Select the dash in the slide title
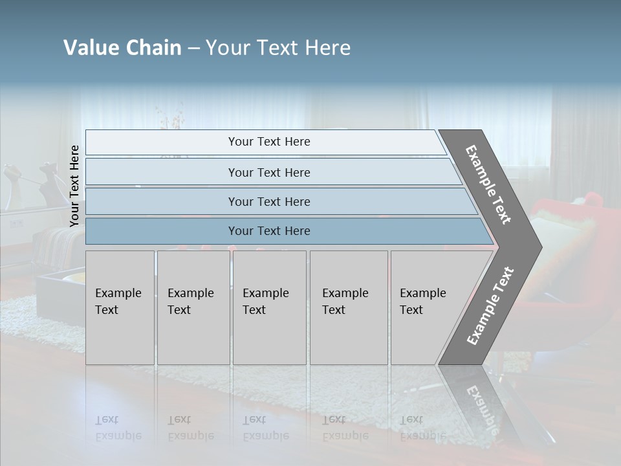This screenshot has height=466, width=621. click(x=193, y=49)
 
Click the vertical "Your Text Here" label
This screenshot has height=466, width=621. click(x=74, y=186)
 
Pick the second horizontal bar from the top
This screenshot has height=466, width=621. click(x=268, y=172)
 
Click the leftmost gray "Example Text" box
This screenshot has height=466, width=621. click(x=120, y=307)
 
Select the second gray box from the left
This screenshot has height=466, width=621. click(x=193, y=307)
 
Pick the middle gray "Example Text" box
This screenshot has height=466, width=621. click(x=269, y=307)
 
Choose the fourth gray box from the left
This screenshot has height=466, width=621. click(x=348, y=307)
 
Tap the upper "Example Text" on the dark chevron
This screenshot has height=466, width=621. click(x=488, y=184)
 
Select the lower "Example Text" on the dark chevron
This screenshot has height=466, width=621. click(x=490, y=306)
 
